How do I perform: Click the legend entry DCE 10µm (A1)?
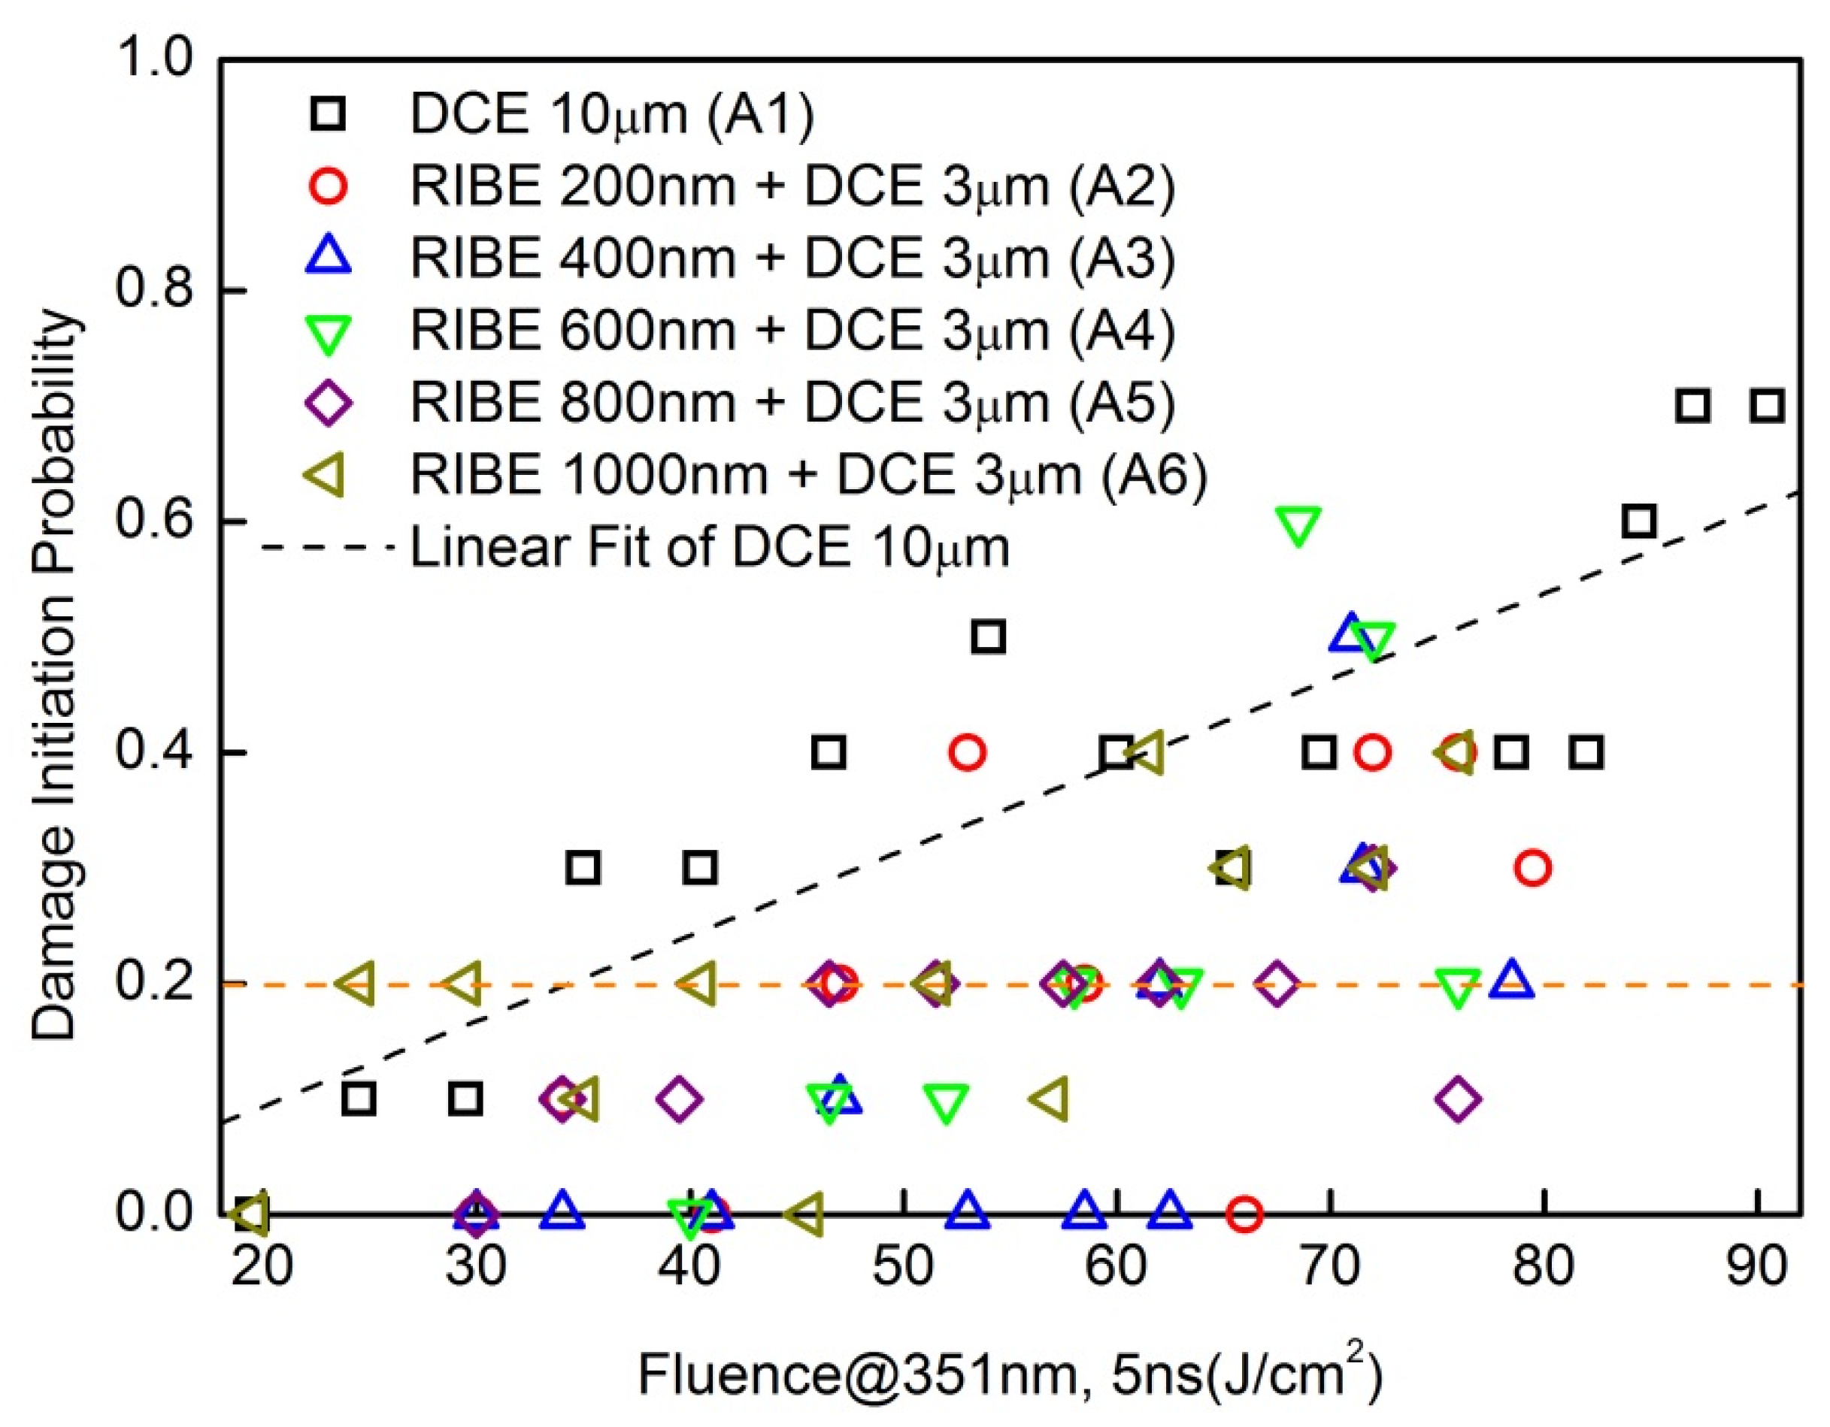click(612, 114)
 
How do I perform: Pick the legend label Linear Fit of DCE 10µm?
click(709, 547)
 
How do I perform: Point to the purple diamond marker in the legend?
click(329, 403)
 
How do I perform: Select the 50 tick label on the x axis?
click(902, 1267)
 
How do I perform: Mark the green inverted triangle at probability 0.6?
click(1298, 525)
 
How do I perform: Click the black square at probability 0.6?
click(1639, 522)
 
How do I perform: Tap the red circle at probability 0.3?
click(1533, 868)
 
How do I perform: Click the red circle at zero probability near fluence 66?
click(1244, 1213)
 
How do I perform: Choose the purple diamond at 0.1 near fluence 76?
click(1458, 1098)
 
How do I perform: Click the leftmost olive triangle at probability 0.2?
click(356, 983)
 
